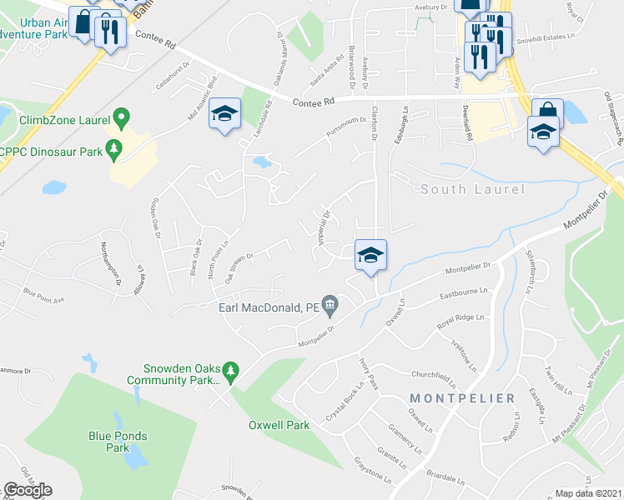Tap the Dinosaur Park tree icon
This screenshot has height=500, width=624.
(x=115, y=151)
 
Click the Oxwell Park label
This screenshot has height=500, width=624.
(x=279, y=425)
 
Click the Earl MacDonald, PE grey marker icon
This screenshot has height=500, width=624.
(x=331, y=307)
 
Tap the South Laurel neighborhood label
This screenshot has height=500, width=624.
(x=472, y=189)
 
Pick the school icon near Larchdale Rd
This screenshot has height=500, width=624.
(x=224, y=113)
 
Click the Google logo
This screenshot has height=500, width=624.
(x=28, y=490)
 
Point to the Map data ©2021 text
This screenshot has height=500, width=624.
(x=588, y=493)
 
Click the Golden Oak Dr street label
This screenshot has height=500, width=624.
(x=153, y=218)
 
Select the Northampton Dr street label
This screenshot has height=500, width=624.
(x=104, y=257)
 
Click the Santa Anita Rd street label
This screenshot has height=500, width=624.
(x=327, y=71)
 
